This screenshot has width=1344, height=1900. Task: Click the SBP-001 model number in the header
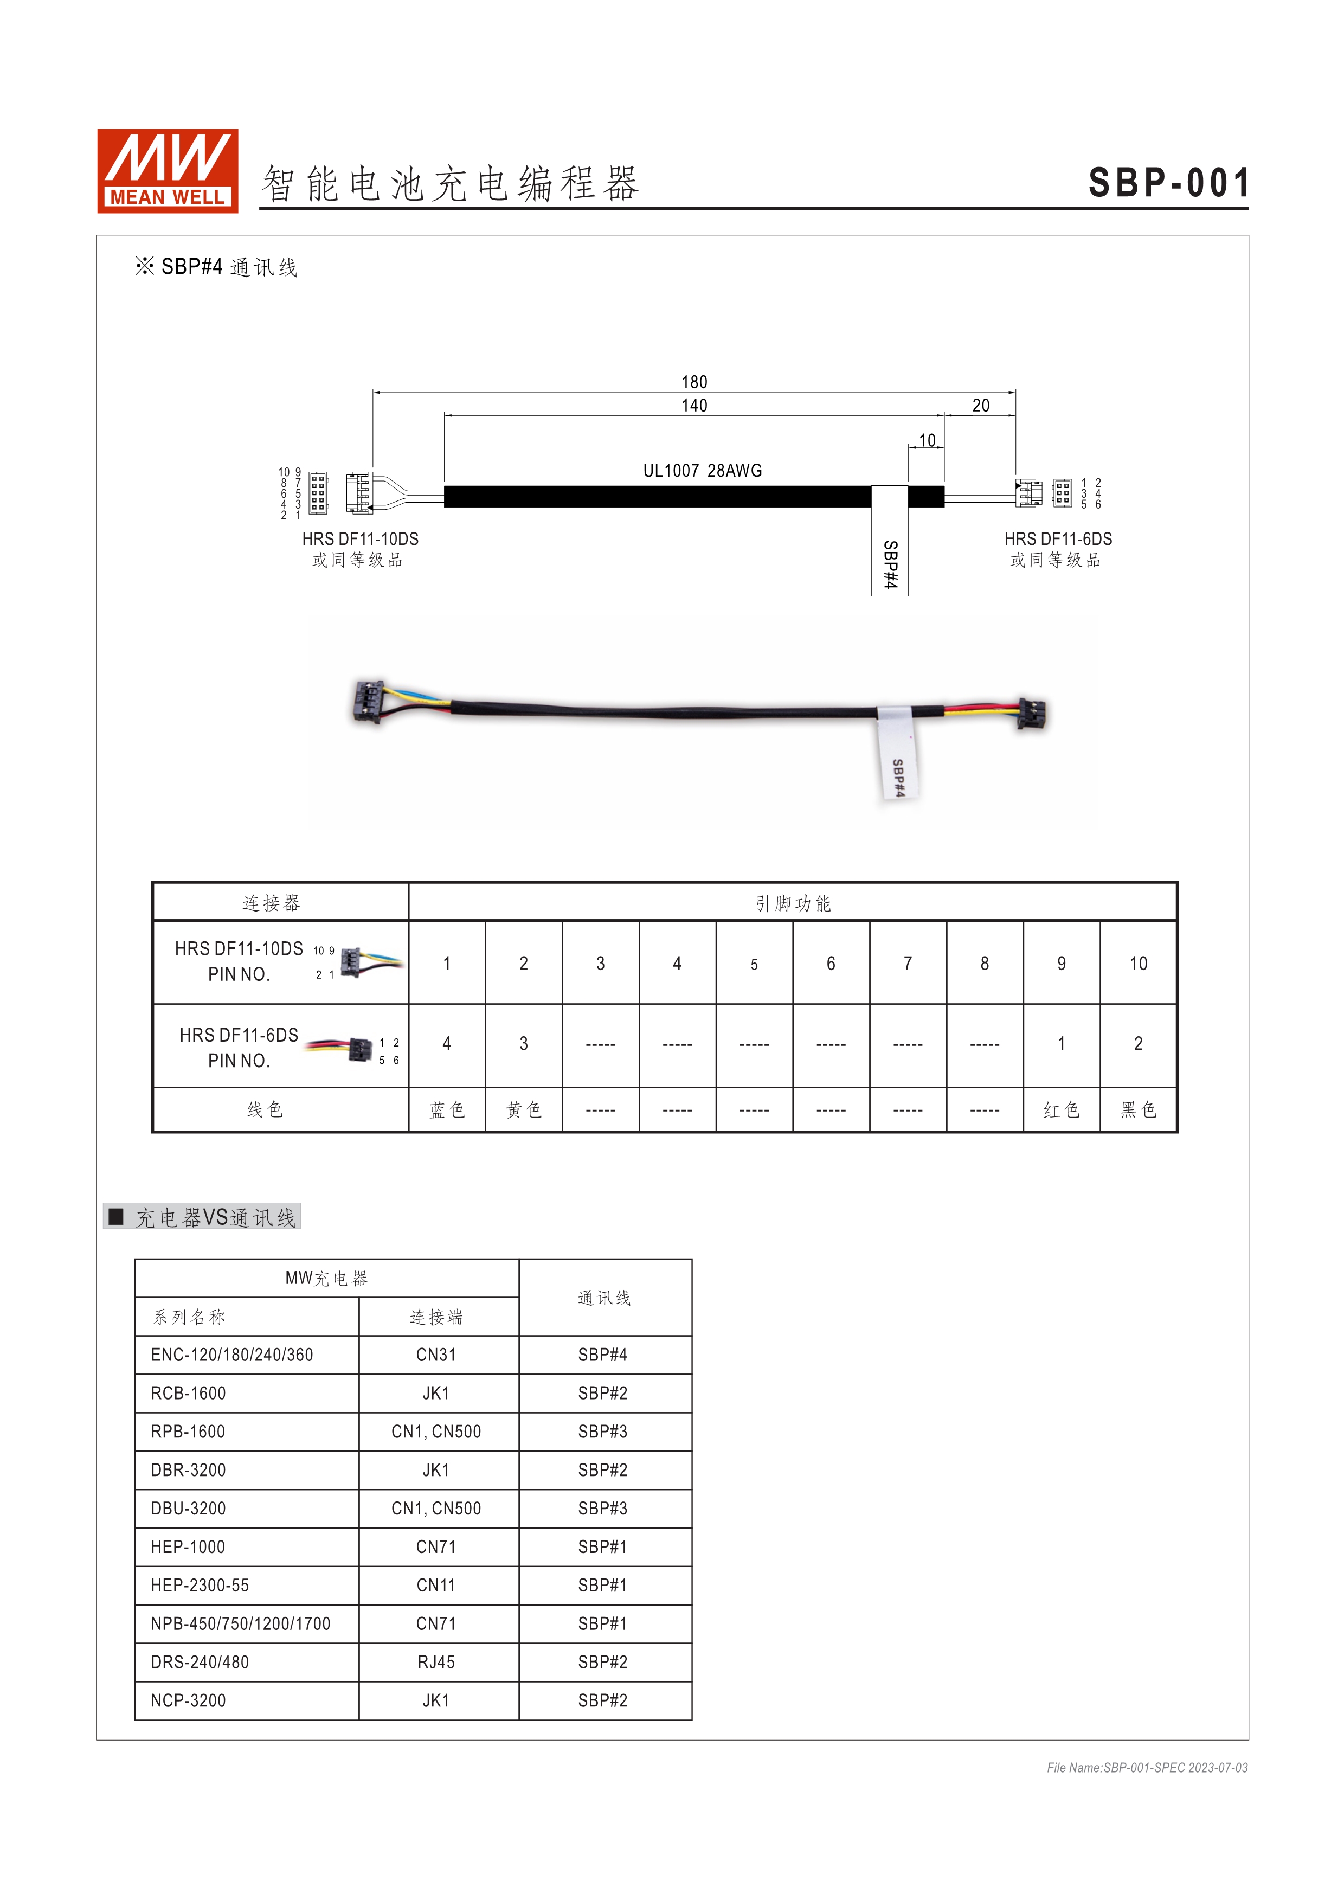coord(1168,183)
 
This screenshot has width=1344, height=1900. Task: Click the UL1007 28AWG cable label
coord(702,470)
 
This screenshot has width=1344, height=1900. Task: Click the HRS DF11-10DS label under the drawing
coord(360,539)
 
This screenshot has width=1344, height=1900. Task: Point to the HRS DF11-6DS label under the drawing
coord(1058,539)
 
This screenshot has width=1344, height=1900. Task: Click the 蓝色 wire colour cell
coord(447,1110)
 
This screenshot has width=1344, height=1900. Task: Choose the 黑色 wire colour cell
coord(1138,1110)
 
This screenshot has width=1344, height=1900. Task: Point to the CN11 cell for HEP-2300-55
coord(436,1585)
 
